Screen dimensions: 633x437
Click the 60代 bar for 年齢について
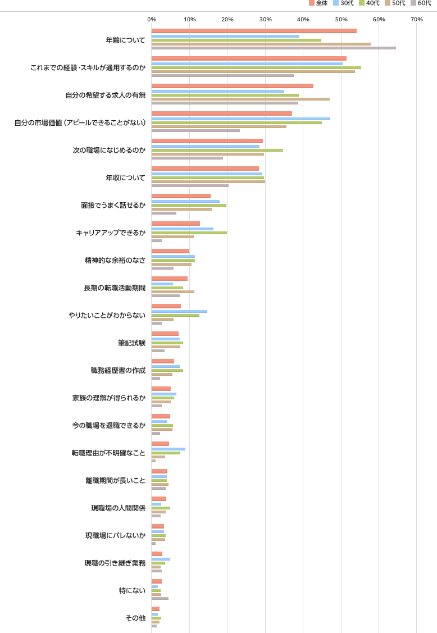(274, 48)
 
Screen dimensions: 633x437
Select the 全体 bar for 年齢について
(254, 31)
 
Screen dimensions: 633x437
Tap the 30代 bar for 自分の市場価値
(240, 119)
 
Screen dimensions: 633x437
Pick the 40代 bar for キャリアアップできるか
(189, 233)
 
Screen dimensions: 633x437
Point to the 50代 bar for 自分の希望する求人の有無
(240, 99)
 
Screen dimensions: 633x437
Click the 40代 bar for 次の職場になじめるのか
(217, 150)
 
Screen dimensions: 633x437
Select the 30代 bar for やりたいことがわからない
(179, 311)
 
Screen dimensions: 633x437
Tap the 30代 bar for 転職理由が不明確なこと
(169, 449)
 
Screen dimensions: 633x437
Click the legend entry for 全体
(318, 3)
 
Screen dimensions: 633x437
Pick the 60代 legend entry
(421, 3)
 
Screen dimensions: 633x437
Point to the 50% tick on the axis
(341, 20)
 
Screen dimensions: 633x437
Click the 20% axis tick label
(227, 20)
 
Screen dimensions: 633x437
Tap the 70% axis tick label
(416, 20)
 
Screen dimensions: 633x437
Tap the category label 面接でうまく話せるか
(113, 205)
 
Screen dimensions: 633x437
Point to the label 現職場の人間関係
(118, 508)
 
